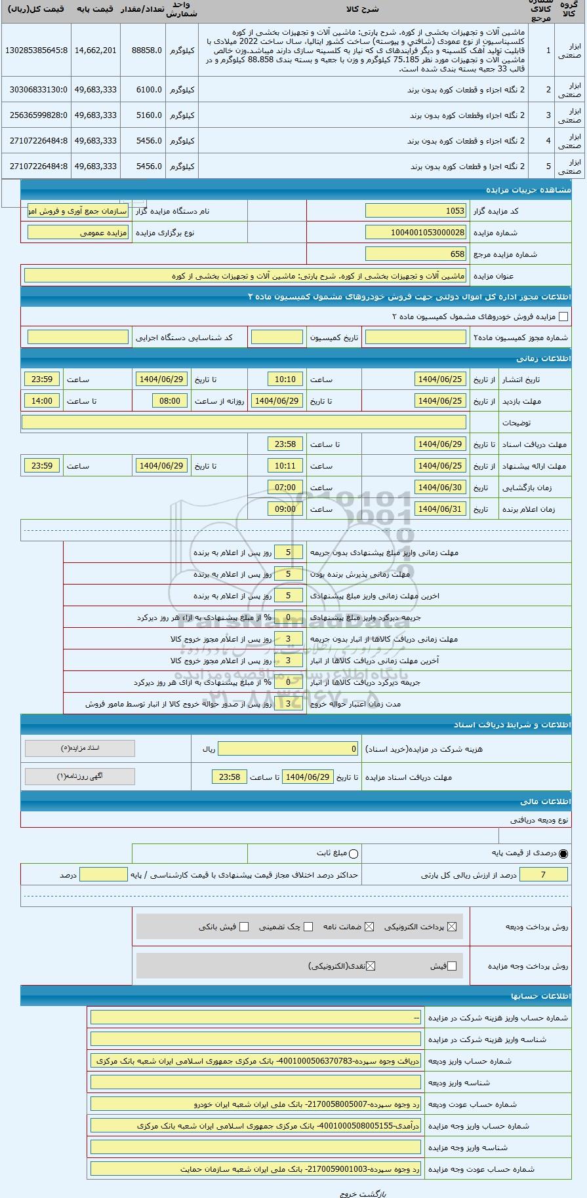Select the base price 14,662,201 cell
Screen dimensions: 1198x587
[x=95, y=50]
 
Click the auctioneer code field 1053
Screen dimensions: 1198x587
[x=416, y=210]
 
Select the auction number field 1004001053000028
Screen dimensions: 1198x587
[x=416, y=232]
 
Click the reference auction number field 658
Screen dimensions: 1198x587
[x=416, y=254]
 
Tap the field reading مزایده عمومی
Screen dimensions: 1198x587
[x=78, y=232]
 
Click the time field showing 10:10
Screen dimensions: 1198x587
[x=285, y=379]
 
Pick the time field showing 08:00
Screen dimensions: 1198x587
[x=170, y=400]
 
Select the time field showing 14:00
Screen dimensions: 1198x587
[x=42, y=400]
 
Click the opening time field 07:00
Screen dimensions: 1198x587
[x=285, y=487]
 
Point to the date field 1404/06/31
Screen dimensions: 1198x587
[x=440, y=509]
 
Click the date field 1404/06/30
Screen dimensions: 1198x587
[x=440, y=487]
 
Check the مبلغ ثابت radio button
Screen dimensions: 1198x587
[x=354, y=854]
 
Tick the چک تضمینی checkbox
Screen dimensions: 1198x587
[x=308, y=927]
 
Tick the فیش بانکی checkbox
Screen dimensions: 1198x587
[x=244, y=927]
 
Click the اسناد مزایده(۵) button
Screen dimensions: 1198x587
[x=80, y=748]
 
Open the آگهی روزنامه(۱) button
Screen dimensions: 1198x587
[x=80, y=776]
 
